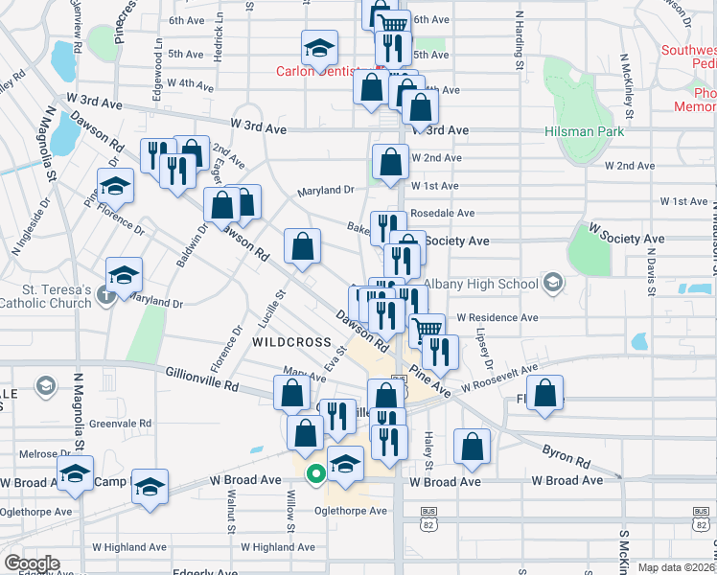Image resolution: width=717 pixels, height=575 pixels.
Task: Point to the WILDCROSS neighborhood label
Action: tap(291, 341)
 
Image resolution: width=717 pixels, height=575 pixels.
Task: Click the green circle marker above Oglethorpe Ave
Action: tap(313, 473)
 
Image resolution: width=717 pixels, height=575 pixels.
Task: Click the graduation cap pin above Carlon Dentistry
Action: tap(319, 47)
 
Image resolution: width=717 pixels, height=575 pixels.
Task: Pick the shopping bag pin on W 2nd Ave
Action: tap(389, 163)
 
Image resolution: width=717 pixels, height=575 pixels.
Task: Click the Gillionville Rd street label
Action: tap(201, 379)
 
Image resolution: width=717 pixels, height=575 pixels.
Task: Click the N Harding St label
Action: tap(519, 40)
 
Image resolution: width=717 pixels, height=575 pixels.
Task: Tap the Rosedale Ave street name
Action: tap(442, 213)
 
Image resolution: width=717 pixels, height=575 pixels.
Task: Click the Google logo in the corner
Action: tap(32, 563)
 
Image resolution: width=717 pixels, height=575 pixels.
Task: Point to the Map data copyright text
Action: tap(676, 567)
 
